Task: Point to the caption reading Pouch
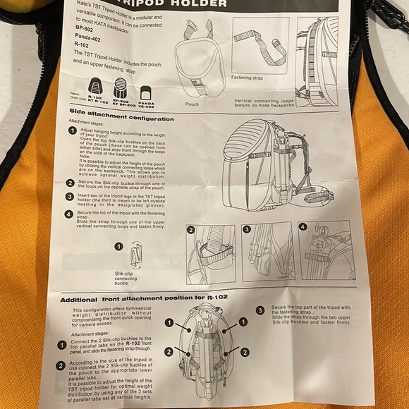pyautogui.click(x=192, y=103)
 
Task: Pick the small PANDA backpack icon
pyautogui.click(x=147, y=93)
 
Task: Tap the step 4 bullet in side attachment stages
pyautogui.click(x=71, y=213)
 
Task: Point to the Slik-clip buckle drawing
pyautogui.click(x=136, y=254)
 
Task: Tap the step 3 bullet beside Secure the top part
pyautogui.click(x=260, y=310)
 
